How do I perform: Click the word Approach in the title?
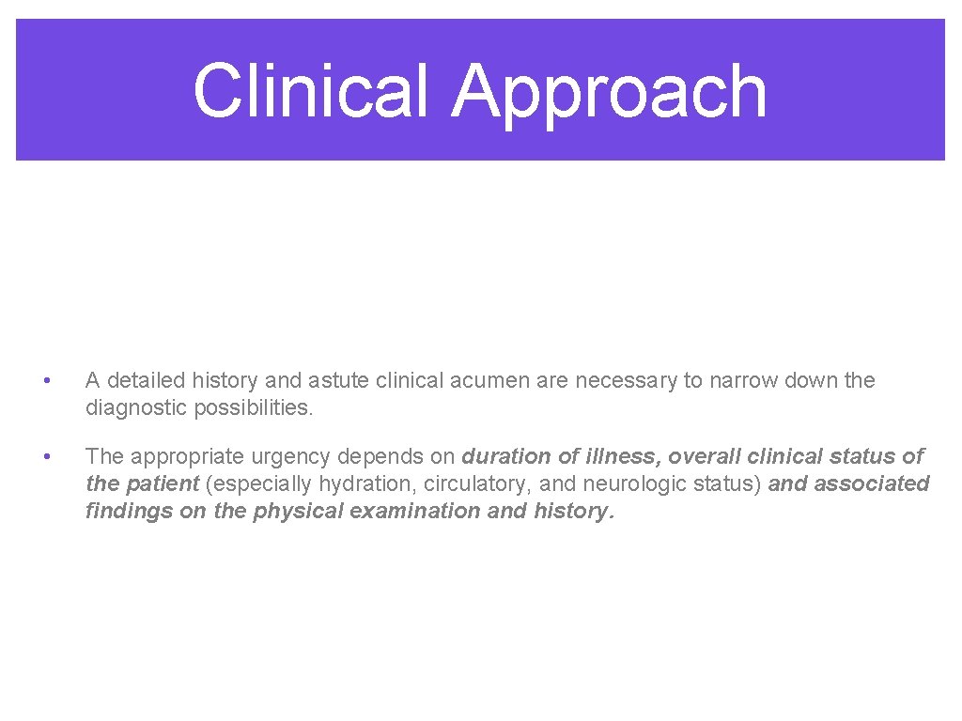pyautogui.click(x=609, y=92)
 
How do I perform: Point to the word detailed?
pyautogui.click(x=149, y=380)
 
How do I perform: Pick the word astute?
pyautogui.click(x=338, y=380)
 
